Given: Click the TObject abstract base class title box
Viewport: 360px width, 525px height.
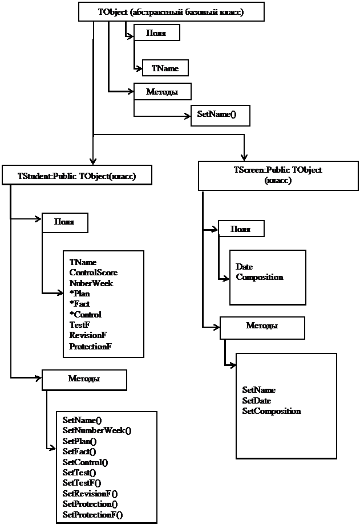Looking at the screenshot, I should click(171, 11).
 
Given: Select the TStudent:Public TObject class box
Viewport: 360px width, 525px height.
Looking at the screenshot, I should click(77, 175).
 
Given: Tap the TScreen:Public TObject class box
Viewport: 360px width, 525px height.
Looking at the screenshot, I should click(278, 175).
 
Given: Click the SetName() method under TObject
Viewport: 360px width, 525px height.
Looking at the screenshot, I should click(216, 115).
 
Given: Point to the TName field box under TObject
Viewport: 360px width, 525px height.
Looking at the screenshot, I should click(165, 68).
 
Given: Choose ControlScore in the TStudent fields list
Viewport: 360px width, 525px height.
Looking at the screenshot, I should click(94, 272).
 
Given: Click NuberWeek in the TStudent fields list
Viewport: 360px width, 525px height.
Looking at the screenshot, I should click(91, 283).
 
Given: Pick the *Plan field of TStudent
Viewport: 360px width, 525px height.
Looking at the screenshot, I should click(80, 294).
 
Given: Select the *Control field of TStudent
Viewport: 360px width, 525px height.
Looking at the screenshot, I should click(85, 315).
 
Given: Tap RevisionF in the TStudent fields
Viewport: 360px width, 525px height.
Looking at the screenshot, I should click(88, 336).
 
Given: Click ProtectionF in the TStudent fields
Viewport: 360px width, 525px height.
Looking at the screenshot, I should click(90, 346).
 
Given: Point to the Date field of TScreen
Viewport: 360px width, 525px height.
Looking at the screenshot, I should click(244, 267).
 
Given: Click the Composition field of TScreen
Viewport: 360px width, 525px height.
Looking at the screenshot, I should click(260, 277).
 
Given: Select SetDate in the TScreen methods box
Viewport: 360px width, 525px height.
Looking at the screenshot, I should click(256, 401).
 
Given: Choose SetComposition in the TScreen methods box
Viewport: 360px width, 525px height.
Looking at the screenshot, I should click(272, 411).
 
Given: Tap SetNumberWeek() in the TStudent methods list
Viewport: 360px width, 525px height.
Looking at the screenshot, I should click(97, 430).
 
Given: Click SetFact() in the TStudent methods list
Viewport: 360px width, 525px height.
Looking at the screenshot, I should click(79, 451).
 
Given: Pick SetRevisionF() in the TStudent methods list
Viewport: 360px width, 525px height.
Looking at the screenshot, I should click(90, 494).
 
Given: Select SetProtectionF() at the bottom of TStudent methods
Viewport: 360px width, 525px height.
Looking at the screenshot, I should click(93, 515).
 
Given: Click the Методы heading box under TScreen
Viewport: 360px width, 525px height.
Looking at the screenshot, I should click(262, 326).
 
